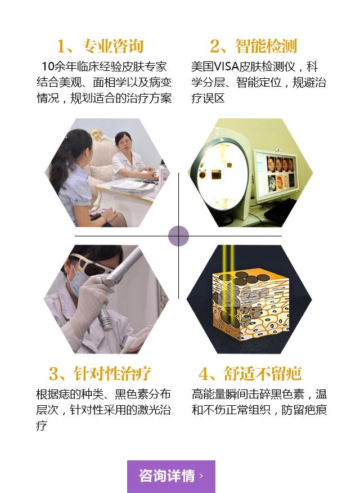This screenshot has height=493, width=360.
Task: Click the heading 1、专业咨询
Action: tap(100, 46)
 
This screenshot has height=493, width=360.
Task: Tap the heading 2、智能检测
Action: tap(253, 46)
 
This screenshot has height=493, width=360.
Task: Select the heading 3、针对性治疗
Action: tap(100, 374)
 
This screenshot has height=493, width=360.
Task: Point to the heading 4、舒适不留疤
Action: tap(250, 374)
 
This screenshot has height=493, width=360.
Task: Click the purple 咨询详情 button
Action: tap(171, 476)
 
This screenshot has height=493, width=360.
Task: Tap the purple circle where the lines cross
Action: tap(178, 236)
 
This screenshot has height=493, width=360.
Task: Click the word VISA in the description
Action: tap(227, 66)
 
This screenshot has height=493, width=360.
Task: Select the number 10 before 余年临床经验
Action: tap(48, 66)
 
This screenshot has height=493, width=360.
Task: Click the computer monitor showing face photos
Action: tap(276, 174)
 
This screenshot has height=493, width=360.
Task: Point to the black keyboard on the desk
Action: tap(281, 210)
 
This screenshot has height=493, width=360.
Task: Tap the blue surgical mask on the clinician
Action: tap(77, 283)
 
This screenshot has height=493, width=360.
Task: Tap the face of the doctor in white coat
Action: tap(123, 143)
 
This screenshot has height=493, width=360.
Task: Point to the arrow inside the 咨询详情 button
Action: tap(201, 476)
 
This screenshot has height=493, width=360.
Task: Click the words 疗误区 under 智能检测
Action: tap(208, 98)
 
